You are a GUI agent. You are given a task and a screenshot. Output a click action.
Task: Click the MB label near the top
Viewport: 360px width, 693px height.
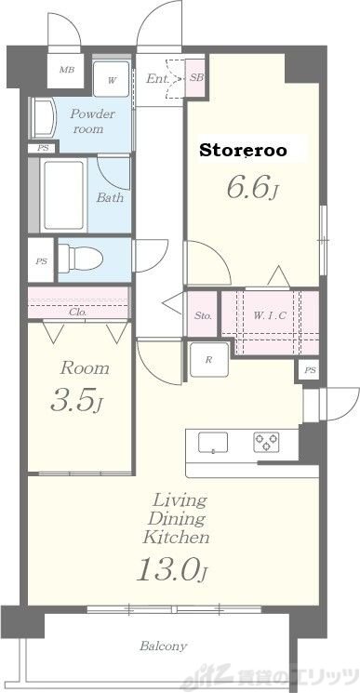click(67, 71)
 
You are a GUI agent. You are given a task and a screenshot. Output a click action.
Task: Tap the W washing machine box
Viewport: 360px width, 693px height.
click(112, 79)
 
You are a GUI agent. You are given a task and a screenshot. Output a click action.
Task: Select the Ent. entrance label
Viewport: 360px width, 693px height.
click(157, 79)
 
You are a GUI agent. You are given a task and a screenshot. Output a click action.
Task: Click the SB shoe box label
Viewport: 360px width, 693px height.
click(196, 78)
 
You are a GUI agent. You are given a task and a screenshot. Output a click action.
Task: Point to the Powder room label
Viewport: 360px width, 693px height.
click(92, 122)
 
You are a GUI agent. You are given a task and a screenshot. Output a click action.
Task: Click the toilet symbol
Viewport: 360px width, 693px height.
click(80, 258)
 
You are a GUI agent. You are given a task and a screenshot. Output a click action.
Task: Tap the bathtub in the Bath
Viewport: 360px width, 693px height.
click(63, 195)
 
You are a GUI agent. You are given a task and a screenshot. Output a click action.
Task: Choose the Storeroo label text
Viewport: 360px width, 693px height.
click(244, 151)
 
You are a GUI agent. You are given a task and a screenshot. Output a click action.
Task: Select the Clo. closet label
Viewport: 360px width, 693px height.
click(78, 312)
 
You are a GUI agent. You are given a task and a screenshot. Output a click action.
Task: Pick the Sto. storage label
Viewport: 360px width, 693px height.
click(203, 316)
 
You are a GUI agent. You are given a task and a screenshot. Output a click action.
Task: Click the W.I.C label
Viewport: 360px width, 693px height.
click(270, 315)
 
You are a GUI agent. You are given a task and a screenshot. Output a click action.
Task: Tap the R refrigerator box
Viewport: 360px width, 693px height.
click(209, 360)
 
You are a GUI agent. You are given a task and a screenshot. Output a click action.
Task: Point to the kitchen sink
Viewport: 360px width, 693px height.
click(213, 443)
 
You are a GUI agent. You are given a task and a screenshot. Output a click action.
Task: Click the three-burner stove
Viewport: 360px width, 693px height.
click(266, 443)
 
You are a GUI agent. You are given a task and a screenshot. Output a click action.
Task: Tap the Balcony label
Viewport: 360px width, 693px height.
click(163, 646)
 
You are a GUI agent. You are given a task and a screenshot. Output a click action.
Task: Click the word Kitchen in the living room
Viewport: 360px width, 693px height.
click(176, 538)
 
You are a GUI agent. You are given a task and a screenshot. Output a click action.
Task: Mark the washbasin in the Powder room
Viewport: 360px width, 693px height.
click(44, 118)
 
